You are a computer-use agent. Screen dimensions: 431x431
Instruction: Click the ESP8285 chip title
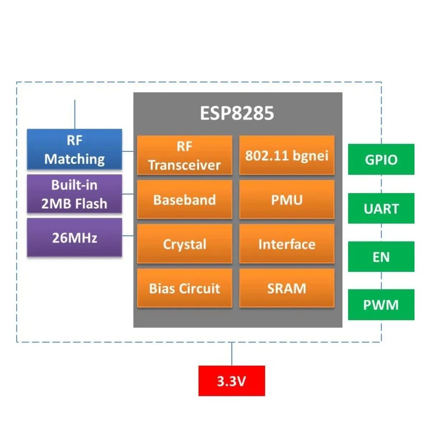(x=237, y=113)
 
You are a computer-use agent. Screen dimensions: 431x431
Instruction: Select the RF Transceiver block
(x=185, y=155)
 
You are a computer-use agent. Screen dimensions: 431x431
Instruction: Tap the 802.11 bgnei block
(x=287, y=155)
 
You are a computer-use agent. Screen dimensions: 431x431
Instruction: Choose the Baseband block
(x=185, y=200)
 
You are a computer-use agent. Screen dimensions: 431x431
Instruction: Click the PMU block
(x=287, y=200)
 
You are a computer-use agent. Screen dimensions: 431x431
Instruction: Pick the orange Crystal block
(x=185, y=244)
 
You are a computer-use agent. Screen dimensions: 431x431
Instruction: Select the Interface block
(x=287, y=244)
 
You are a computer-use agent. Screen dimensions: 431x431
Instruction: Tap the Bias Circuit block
(x=185, y=288)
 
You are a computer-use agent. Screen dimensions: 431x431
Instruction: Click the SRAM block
(x=287, y=288)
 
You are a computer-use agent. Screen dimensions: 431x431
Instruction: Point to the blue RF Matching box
(x=74, y=149)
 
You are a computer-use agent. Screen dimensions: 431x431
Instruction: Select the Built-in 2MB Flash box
(x=74, y=194)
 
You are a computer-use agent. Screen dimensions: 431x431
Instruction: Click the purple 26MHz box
(x=74, y=237)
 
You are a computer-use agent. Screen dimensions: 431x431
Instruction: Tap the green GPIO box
(x=381, y=159)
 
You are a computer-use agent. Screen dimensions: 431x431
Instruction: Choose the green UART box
(x=381, y=208)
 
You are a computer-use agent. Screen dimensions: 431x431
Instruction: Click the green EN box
(x=381, y=257)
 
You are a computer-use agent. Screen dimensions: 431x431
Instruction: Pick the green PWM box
(x=381, y=305)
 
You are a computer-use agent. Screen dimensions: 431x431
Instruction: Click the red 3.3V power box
(x=232, y=381)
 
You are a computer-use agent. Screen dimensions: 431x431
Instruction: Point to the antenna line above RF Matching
(x=75, y=114)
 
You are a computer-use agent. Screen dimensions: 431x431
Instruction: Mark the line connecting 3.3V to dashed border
(x=232, y=354)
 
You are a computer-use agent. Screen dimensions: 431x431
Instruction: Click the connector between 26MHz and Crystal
(x=128, y=236)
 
